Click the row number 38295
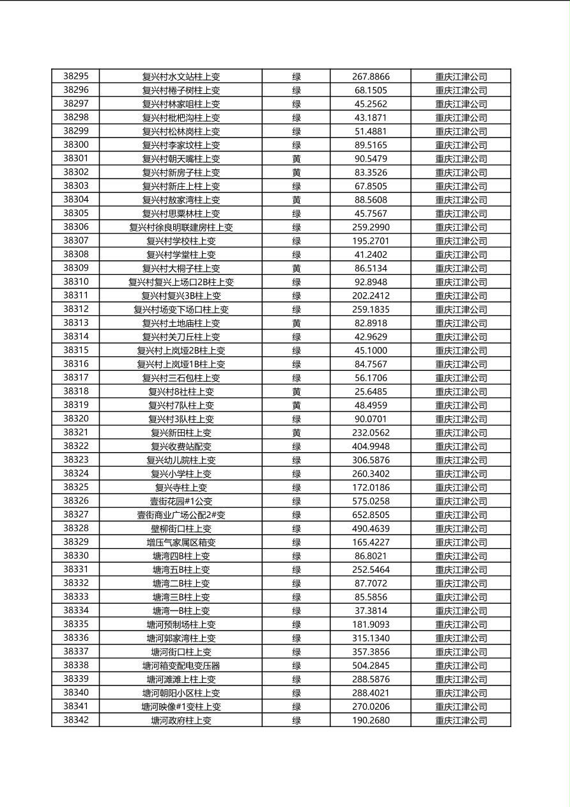point(76,76)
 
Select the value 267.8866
point(370,77)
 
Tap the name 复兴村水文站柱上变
point(181,77)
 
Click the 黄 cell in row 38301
point(297,159)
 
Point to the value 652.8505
point(370,515)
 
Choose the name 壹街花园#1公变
point(181,501)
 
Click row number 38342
point(76,720)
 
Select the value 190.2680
point(370,721)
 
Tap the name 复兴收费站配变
point(181,446)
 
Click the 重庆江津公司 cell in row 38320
point(461,419)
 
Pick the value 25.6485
point(370,391)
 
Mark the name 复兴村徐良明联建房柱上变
point(181,227)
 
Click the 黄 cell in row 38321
point(297,433)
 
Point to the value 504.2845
point(370,666)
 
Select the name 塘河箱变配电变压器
point(181,666)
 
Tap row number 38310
point(76,281)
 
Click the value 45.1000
point(370,350)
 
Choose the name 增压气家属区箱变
point(181,542)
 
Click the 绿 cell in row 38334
point(297,611)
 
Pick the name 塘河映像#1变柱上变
point(181,707)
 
